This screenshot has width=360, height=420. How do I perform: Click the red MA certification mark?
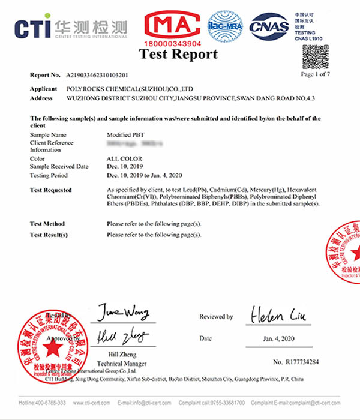pos(171,25)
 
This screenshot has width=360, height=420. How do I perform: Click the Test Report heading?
pos(179,55)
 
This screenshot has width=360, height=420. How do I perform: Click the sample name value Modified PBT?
pos(124,135)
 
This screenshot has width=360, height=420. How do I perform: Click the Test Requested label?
pos(50,190)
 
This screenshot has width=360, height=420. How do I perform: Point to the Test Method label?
pos(47,224)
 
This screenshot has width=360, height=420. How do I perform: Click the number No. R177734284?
pos(296,362)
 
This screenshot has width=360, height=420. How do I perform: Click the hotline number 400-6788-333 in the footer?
pos(42,402)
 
